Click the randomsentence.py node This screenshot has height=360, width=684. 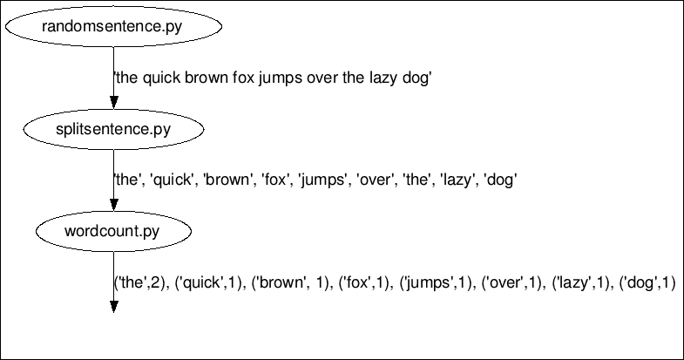113,27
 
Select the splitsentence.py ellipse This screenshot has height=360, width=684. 113,130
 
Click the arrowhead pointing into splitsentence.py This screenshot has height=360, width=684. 113,104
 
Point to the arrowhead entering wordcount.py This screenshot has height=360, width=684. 113,205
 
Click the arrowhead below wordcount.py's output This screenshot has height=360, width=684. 113,306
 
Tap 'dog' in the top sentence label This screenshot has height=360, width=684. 417,78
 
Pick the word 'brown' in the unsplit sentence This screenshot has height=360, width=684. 192,78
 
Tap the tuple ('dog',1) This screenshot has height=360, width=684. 647,282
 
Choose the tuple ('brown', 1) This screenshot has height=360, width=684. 292,282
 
